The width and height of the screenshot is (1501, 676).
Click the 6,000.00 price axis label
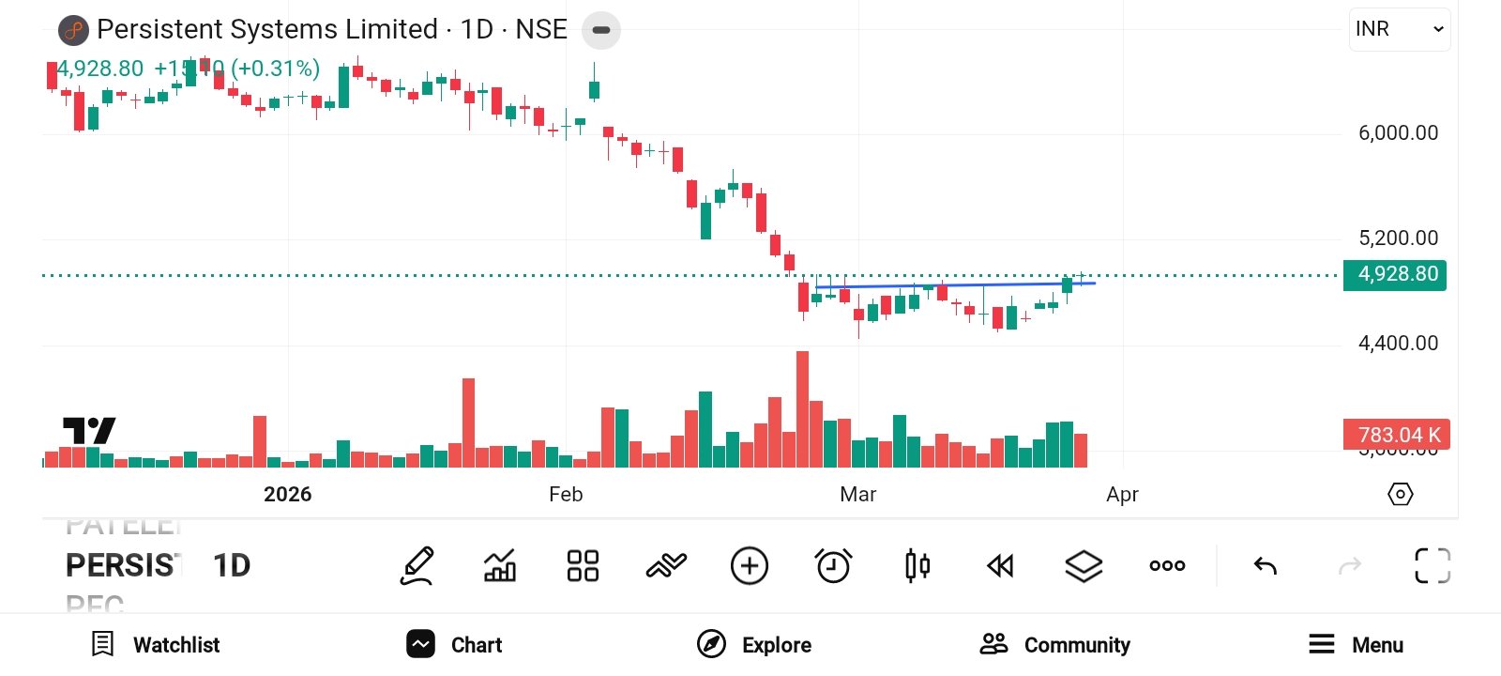1398,133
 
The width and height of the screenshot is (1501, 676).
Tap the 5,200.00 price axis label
1398,238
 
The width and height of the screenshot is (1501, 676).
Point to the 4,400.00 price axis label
1398,344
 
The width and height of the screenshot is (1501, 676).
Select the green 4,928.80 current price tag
1395,274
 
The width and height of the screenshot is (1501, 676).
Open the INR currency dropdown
1399,29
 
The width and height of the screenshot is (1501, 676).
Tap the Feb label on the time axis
566,495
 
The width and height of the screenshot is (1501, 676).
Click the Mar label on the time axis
857,495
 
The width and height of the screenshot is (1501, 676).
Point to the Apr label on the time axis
1122,495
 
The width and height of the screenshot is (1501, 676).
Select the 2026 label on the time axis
287,495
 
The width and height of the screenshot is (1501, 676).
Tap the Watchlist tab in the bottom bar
156,645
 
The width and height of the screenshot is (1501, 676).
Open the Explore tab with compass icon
754,645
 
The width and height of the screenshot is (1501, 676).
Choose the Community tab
1055,645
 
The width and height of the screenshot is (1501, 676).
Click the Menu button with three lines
1356,645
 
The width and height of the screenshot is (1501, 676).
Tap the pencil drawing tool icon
417,566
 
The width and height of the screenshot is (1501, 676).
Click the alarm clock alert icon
833,566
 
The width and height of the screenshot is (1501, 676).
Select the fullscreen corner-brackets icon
1432,566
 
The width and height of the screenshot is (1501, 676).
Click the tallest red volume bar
802,409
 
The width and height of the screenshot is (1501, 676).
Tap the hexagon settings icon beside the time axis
1400,494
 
